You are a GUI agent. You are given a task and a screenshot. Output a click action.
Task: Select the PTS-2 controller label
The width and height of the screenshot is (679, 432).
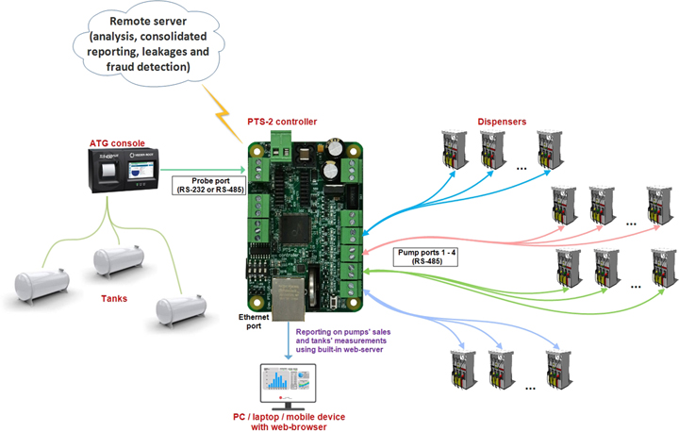tap(275, 122)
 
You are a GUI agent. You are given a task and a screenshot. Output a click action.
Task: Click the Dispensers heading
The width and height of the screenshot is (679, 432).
tap(502, 121)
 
